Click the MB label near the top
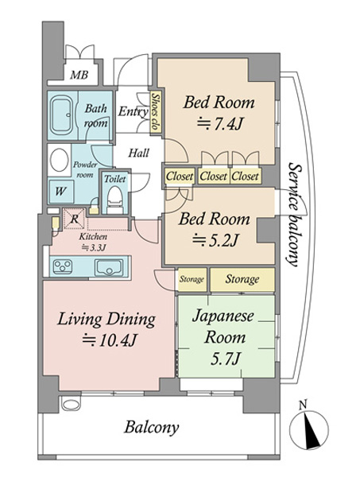[x=79, y=75]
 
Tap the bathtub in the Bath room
[x=62, y=115]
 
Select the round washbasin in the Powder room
[x=60, y=160]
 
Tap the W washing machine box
[x=61, y=192]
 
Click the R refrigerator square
[x=74, y=219]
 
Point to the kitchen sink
[x=109, y=267]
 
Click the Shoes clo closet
[x=156, y=111]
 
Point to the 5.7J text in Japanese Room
[x=226, y=359]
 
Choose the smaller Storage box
[x=192, y=279]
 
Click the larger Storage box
[x=242, y=280]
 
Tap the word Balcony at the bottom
[x=151, y=428]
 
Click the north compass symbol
[x=308, y=430]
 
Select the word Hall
[x=138, y=153]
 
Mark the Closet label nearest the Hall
[x=180, y=176]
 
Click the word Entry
[x=133, y=111]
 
